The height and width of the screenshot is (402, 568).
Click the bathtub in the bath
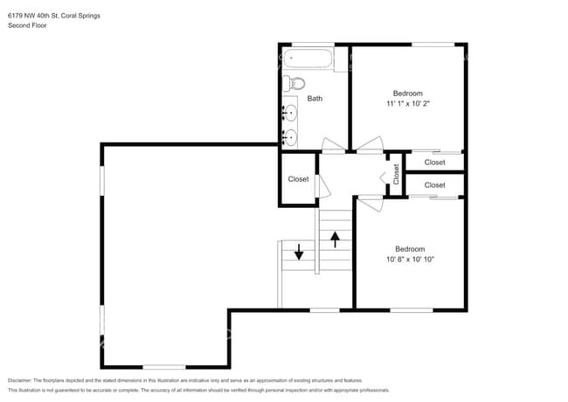[x=308, y=59]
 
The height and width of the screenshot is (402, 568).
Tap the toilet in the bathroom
[x=294, y=84]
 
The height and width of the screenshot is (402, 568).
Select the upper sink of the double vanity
[x=290, y=113]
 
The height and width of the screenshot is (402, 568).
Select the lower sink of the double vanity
[x=290, y=137]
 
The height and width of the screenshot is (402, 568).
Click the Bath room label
[x=315, y=99]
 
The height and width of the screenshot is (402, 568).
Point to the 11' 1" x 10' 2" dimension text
[x=408, y=104]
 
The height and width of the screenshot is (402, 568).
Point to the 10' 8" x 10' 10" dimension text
[x=410, y=260]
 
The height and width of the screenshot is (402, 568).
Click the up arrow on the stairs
[x=335, y=239]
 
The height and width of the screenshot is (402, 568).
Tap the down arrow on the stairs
[x=299, y=252]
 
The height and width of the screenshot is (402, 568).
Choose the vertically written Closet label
[x=396, y=174]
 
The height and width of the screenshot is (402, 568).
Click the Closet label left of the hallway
[x=299, y=179]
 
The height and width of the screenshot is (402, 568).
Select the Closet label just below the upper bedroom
[x=434, y=163]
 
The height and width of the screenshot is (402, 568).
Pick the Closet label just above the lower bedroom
[x=434, y=185]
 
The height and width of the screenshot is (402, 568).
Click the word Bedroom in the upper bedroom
[x=408, y=94]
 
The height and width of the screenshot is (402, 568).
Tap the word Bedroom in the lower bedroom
[x=410, y=249]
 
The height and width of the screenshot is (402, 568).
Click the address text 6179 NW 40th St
[x=34, y=16]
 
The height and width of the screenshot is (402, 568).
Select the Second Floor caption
[x=27, y=25]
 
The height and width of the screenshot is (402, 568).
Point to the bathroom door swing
[x=333, y=145]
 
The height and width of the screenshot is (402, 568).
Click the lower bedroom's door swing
[x=371, y=204]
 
